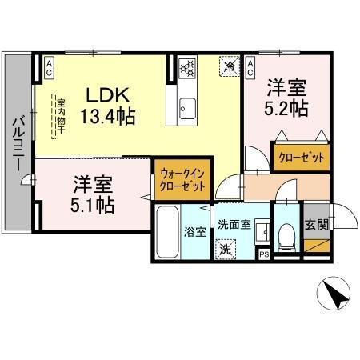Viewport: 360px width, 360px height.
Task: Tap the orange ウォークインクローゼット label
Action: click(x=182, y=178)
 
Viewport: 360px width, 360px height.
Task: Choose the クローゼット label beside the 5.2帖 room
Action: click(x=302, y=158)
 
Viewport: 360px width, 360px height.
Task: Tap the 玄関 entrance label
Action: click(x=316, y=222)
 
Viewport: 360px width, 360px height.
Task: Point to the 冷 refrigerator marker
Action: click(x=230, y=66)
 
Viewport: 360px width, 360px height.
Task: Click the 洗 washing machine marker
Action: click(x=226, y=249)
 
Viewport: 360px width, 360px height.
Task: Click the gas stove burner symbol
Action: click(x=186, y=67)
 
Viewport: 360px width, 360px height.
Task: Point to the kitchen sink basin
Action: click(x=186, y=106)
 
